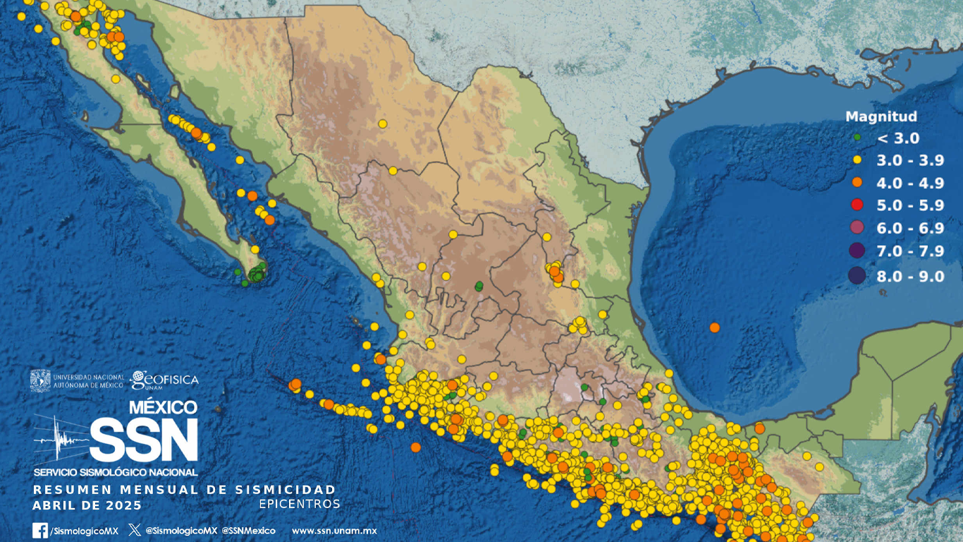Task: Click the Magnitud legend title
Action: (x=881, y=117)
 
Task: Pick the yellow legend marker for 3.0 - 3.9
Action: (x=857, y=160)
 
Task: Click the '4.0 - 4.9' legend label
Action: (x=910, y=183)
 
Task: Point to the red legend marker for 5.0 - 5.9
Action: (x=857, y=205)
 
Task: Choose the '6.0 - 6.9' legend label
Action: (x=910, y=229)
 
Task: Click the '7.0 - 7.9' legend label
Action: (x=910, y=252)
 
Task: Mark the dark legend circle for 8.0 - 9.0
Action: (x=857, y=276)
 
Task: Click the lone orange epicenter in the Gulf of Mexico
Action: (x=715, y=327)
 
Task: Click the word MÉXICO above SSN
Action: (x=163, y=407)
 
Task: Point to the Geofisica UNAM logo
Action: (x=164, y=380)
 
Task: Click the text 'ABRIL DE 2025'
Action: (x=87, y=506)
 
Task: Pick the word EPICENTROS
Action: (x=300, y=504)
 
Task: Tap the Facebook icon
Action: (x=40, y=531)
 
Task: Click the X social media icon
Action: (x=135, y=530)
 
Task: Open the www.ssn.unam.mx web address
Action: (x=334, y=531)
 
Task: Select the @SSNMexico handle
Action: (x=248, y=531)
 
